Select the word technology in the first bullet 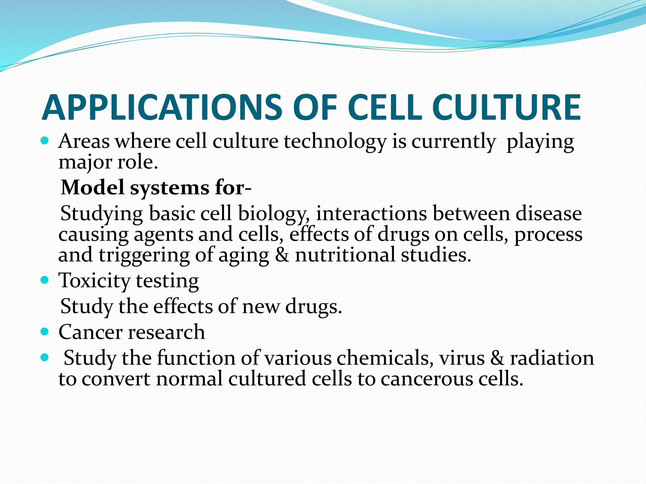[335, 142]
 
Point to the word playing [540, 142]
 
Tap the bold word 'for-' [233, 187]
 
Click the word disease [549, 214]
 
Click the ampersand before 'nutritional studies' [282, 255]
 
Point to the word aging [244, 256]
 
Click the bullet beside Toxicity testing [45, 279]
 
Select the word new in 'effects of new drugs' [261, 307]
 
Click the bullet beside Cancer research [45, 331]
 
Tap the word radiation [552, 358]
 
